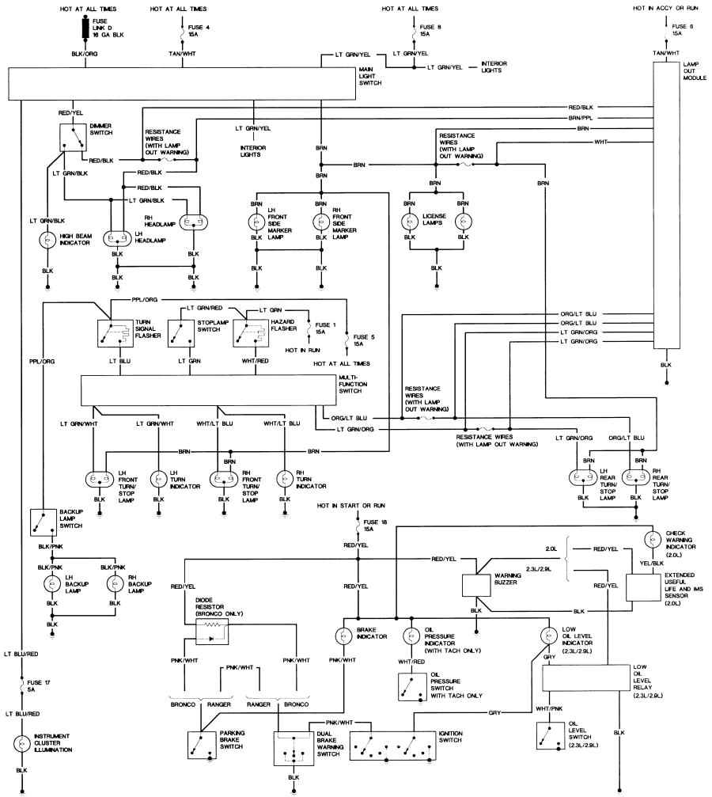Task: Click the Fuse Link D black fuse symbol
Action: tap(85, 28)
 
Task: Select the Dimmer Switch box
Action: tap(73, 137)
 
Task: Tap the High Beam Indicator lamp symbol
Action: tap(47, 239)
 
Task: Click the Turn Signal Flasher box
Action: tap(115, 333)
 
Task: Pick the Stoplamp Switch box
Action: tap(181, 333)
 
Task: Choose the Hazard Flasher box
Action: tap(251, 333)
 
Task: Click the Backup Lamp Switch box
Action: tap(44, 522)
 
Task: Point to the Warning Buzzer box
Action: tap(476, 585)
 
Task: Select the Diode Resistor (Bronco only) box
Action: tap(212, 632)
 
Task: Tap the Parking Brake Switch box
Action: tap(202, 745)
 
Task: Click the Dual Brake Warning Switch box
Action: tap(294, 748)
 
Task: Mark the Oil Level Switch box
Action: tap(551, 735)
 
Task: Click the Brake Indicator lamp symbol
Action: tap(343, 636)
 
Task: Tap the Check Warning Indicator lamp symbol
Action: tap(652, 540)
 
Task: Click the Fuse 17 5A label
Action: tap(39, 685)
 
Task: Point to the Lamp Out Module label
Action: tap(695, 71)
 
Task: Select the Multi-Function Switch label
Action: tap(353, 385)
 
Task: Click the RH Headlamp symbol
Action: tap(194, 222)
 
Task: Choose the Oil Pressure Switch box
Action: tap(411, 687)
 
